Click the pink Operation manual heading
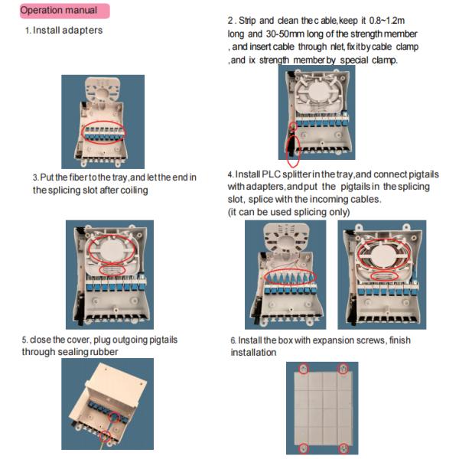coord(65,11)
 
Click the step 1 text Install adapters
coord(67,30)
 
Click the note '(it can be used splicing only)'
coord(288,212)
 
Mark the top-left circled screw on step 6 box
coord(304,369)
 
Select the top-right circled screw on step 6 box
coord(343,368)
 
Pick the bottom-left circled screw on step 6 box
coord(304,448)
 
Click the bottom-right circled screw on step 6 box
coord(343,448)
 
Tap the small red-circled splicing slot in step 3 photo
coord(112,269)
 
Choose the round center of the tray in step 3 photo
coord(111,251)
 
